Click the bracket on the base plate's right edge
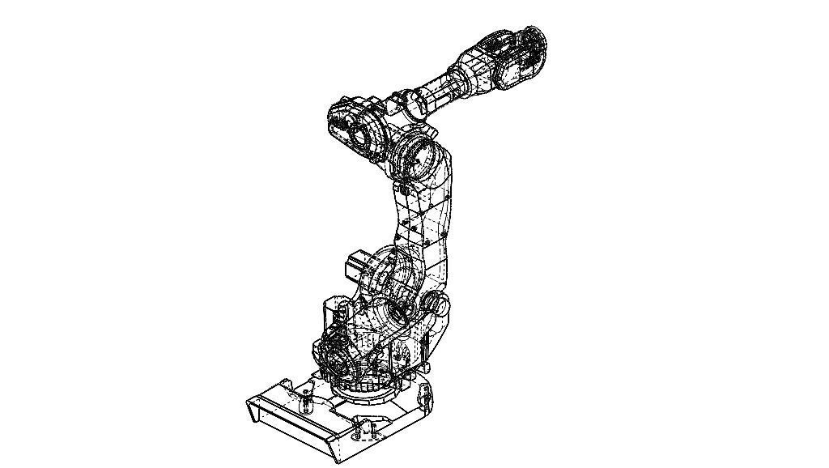[423, 396]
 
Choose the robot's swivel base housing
[380, 340]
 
